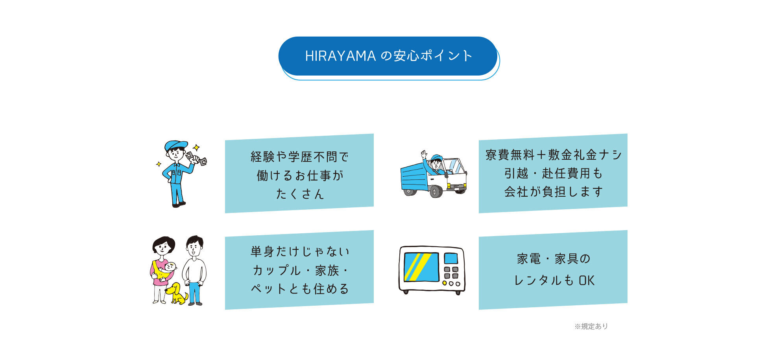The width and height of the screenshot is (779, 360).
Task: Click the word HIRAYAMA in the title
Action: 340,56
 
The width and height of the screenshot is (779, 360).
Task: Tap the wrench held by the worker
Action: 196,158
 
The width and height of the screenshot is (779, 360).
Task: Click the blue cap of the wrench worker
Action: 175,145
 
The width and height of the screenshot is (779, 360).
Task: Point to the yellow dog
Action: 176,293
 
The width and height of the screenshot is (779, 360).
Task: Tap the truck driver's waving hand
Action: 424,154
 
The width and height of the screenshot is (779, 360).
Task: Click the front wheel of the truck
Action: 436,192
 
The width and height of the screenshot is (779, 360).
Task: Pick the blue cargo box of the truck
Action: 414,177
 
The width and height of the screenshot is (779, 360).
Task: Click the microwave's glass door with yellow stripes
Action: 421,267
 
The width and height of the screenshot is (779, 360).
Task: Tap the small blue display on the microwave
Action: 451,258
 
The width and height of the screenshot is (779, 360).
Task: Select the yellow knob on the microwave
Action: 445,283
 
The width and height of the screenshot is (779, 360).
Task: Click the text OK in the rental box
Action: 587,281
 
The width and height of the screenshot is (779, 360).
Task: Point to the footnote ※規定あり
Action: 591,326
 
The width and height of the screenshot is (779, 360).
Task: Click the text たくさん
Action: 300,194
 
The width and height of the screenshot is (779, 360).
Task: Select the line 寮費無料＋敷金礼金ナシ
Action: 554,155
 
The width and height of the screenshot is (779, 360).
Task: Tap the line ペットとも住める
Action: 300,289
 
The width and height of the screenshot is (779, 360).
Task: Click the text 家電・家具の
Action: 554,259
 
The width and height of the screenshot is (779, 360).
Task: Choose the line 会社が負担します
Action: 554,192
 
